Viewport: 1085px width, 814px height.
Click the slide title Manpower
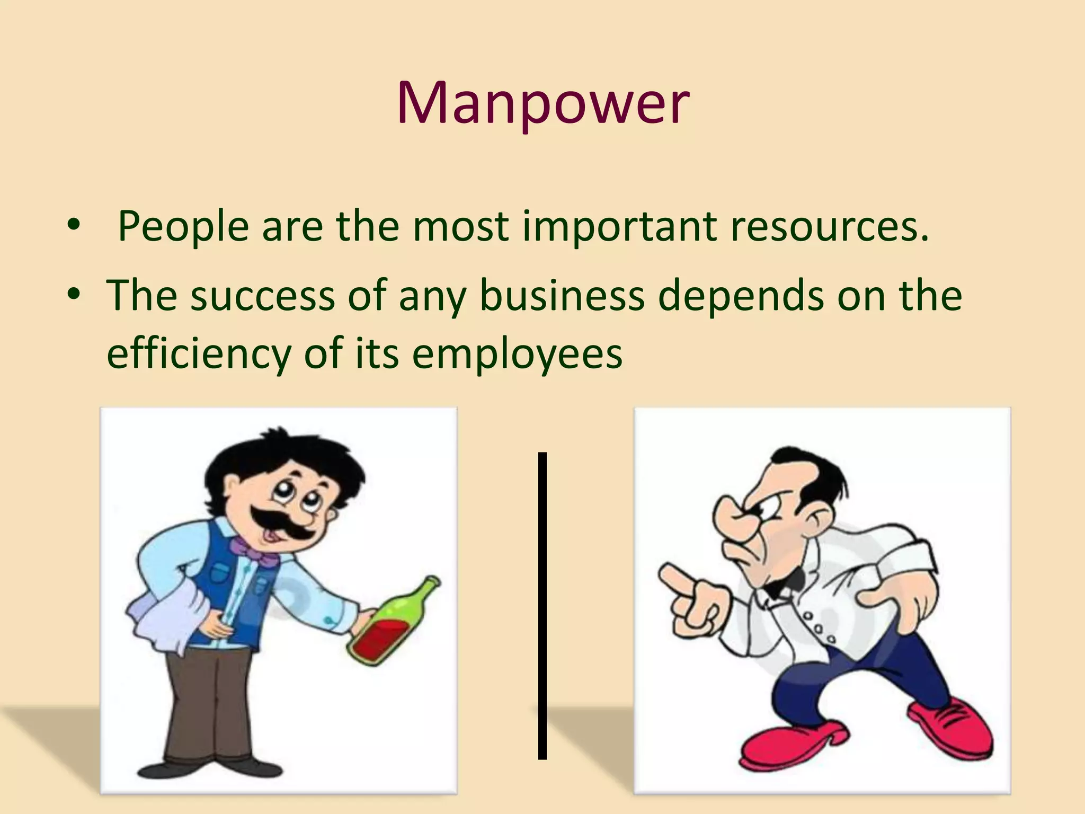coord(542,103)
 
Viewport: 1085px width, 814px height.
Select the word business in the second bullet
coord(562,295)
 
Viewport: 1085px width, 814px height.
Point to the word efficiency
coord(199,353)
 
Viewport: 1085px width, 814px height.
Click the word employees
coord(517,353)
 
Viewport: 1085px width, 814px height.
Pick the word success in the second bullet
coord(263,295)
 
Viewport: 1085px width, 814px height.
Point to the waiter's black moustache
coord(278,522)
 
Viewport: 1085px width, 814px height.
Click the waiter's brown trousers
coord(201,705)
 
